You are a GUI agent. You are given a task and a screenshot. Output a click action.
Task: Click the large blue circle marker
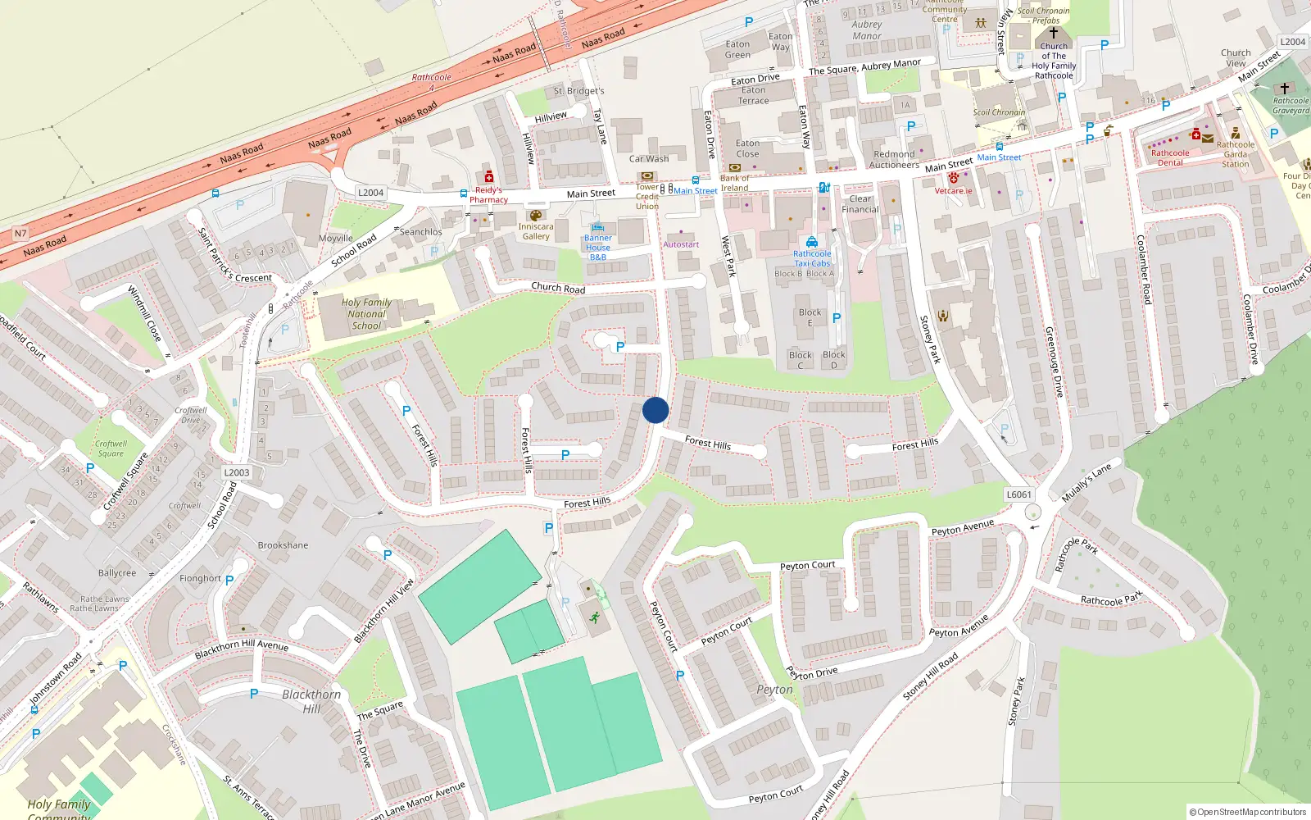[x=655, y=410]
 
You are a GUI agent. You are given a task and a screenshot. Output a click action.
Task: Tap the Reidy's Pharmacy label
[x=488, y=194]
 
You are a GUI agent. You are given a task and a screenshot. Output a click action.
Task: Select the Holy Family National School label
[x=366, y=314]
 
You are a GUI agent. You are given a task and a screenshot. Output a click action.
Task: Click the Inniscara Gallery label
[x=536, y=231]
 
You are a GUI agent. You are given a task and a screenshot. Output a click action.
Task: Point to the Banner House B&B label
[x=598, y=248]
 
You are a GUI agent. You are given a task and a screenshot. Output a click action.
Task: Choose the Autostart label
[x=681, y=244]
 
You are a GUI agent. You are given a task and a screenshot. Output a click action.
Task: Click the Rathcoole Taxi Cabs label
[x=812, y=258]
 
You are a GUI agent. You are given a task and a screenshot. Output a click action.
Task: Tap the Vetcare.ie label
[x=954, y=191]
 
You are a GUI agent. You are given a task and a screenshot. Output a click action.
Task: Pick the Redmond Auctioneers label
[x=894, y=159]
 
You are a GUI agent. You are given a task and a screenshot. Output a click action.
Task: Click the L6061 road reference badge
[x=1018, y=494]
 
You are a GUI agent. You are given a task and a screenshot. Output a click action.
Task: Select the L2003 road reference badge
[x=237, y=472]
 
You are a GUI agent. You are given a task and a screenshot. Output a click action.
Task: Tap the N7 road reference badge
[x=20, y=234]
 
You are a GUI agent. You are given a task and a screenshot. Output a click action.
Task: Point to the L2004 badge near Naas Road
[x=370, y=193]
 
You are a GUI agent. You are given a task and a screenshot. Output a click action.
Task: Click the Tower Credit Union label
[x=647, y=196]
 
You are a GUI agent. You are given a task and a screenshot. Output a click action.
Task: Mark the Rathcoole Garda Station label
[x=1236, y=154]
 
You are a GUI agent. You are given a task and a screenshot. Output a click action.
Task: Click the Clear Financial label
[x=860, y=204]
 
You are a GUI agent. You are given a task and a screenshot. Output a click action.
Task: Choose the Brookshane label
[x=284, y=545]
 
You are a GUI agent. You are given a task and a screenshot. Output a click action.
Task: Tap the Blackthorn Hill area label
[x=311, y=701]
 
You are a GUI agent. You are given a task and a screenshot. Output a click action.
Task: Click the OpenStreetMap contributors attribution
[x=1248, y=813]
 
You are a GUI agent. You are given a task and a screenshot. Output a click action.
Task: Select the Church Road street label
[x=558, y=288]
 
